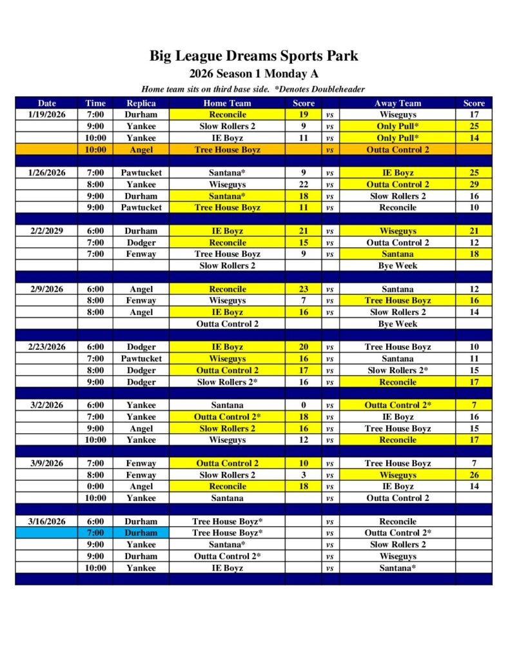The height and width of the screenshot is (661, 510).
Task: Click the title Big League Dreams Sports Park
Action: [254, 56]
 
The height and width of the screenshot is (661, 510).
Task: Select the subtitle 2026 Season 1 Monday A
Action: [254, 74]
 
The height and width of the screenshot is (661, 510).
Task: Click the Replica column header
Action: [141, 103]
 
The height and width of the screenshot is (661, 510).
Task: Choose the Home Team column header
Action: [227, 103]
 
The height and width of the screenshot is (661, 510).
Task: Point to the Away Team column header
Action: [397, 103]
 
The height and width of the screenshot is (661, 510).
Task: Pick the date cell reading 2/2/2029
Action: [46, 231]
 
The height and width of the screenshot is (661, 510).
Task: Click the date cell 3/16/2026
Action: [46, 522]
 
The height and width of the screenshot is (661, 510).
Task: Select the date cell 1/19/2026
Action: [46, 115]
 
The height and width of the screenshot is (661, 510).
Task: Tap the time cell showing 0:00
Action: [95, 487]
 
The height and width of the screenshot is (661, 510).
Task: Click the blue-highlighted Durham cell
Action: [141, 533]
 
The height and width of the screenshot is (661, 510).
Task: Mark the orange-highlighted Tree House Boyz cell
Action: [227, 150]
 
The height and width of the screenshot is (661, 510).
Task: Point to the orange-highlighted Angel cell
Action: [141, 150]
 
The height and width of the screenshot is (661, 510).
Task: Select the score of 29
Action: [474, 185]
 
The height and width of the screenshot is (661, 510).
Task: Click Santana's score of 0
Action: [303, 405]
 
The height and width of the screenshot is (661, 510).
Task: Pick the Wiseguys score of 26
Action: [474, 475]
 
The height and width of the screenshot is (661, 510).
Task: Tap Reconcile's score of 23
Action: [303, 289]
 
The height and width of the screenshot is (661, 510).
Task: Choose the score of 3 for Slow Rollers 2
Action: [303, 475]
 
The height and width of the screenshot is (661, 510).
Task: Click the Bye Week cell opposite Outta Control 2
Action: [397, 324]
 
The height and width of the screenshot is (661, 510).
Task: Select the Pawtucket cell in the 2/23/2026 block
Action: [141, 359]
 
